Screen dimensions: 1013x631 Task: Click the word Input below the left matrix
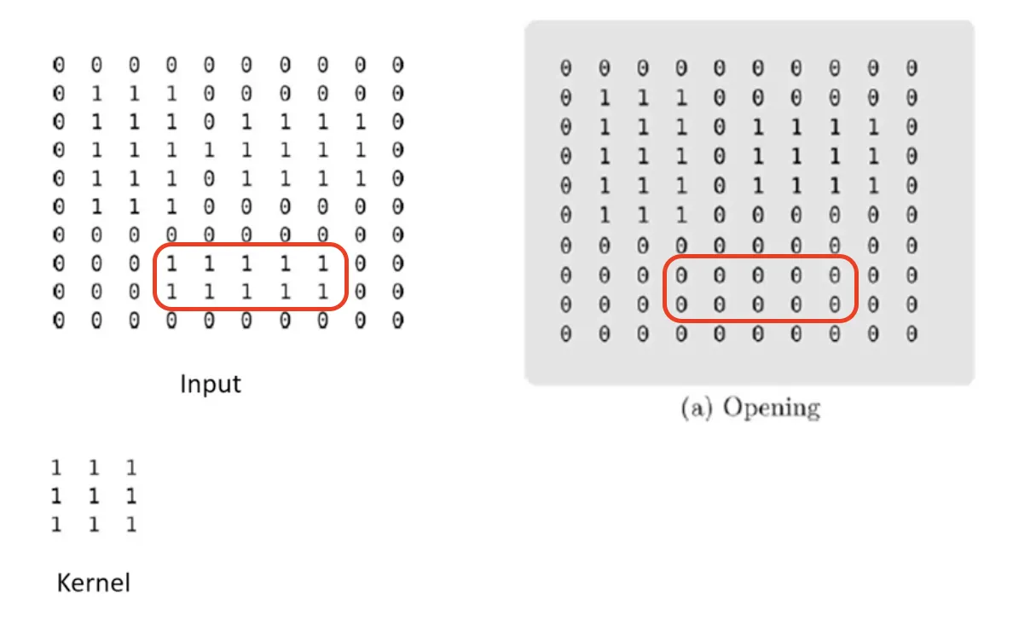210,384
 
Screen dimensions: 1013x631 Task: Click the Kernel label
93,583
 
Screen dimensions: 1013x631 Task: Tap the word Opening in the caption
771,408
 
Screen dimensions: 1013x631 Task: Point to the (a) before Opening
697,408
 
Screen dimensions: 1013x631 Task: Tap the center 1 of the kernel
94,496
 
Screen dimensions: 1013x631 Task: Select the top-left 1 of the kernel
56,468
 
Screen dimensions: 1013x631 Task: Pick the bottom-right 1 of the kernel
131,524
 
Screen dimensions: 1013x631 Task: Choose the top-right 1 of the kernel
131,468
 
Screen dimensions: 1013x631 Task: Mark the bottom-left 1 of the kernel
56,524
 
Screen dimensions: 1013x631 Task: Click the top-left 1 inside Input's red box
171,264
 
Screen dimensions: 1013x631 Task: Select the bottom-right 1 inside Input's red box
322,292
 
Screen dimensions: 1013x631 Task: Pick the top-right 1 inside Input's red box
322,264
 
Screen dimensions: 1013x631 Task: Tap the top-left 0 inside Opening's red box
680,276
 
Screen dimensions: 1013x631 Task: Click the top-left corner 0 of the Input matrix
58,65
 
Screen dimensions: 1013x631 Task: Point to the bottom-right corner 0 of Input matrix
397,321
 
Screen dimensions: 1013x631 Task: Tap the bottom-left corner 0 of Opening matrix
565,334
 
